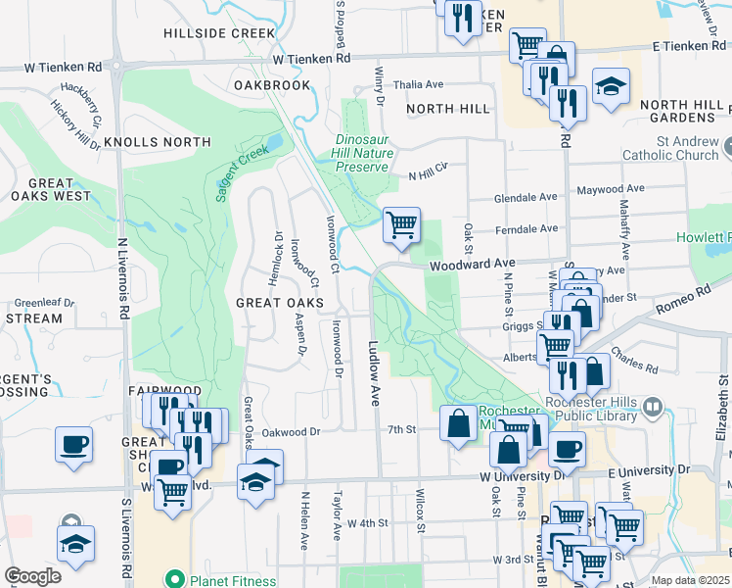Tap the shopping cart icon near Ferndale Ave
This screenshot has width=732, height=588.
pos(401,224)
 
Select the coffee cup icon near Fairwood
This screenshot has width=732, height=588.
pos(74,444)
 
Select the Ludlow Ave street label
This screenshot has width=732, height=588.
pos(374,373)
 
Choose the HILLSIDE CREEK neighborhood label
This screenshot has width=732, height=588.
pos(220,32)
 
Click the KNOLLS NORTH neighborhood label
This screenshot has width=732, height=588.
pos(157,142)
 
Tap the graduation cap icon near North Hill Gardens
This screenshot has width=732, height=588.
pos(610,87)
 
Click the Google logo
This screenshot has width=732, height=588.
pos(32,576)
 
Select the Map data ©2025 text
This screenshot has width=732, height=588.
pos(690,580)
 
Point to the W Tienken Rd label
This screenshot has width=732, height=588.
pos(311,59)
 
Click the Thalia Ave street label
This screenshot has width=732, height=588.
pos(419,85)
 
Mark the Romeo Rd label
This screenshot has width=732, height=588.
pos(690,295)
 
